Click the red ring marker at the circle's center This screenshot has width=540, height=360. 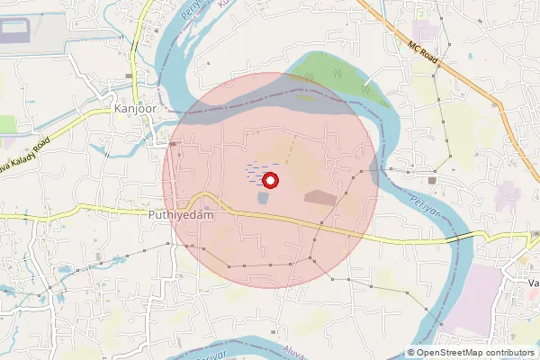pos(269,181)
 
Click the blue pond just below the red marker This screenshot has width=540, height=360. pos(262,198)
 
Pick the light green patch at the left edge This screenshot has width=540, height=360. pos(7,123)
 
